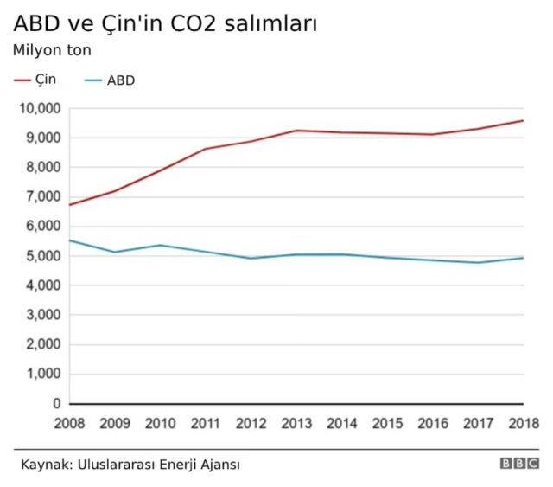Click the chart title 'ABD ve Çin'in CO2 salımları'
coord(164,23)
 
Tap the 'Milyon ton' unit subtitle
coord(52,50)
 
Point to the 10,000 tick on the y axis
coord(41,108)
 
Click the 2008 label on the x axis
coord(70,423)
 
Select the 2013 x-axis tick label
coord(297,423)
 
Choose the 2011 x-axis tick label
coord(207,423)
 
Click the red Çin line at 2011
coord(207,149)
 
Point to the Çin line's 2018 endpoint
coord(524,120)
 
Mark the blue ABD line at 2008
coord(71,240)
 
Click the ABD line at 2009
coord(115,252)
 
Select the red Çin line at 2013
coord(297,131)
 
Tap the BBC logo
coord(518,464)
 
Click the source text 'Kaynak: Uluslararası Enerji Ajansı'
coord(130,465)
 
